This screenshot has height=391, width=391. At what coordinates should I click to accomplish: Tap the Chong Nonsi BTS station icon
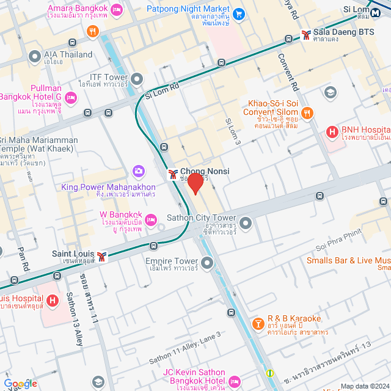(x=174, y=174)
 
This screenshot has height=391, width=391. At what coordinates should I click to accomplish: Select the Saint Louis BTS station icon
(x=101, y=255)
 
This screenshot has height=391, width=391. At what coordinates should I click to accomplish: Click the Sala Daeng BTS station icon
(x=305, y=35)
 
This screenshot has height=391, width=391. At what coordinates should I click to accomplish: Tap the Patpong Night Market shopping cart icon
(x=239, y=13)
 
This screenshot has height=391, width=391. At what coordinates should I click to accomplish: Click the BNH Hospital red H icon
(x=332, y=131)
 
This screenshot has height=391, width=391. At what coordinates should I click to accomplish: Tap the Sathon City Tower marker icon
(x=246, y=223)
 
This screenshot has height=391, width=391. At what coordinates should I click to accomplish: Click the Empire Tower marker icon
(x=207, y=263)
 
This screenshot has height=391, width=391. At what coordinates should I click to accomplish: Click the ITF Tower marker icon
(x=136, y=79)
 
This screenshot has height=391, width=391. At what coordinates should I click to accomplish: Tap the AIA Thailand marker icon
(x=34, y=55)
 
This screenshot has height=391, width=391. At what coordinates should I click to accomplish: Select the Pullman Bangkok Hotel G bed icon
(x=71, y=97)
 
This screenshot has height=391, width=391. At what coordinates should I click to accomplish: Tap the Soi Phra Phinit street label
(x=340, y=241)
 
